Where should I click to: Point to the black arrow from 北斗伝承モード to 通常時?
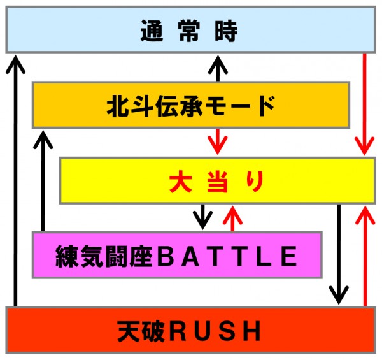218,67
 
